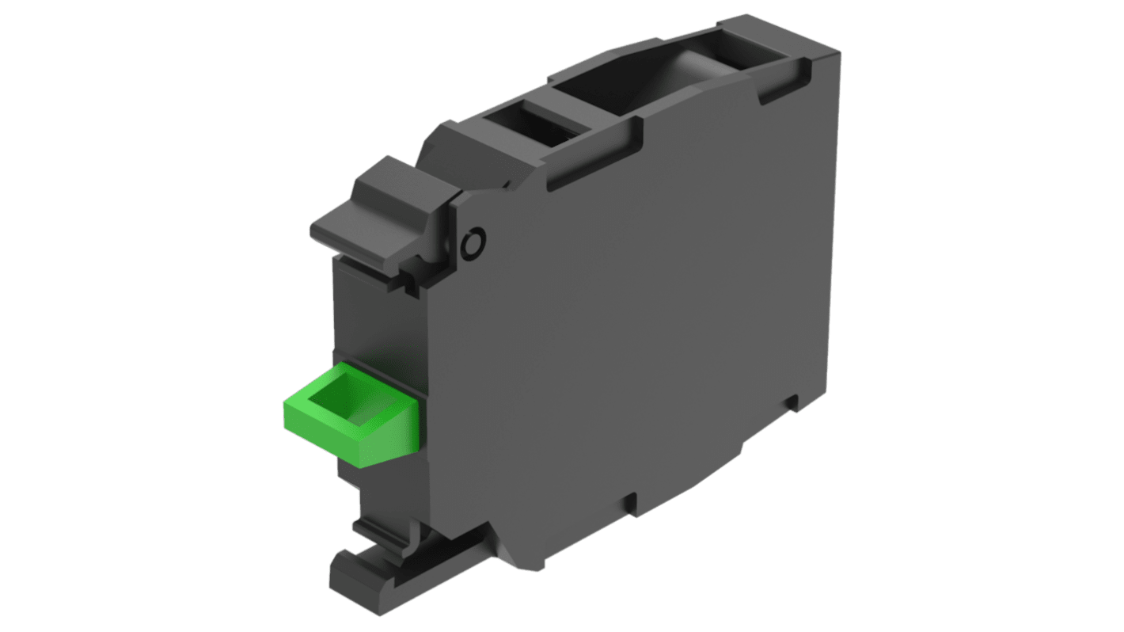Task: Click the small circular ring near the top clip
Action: (x=474, y=243)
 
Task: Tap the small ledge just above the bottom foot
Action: (x=380, y=529)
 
